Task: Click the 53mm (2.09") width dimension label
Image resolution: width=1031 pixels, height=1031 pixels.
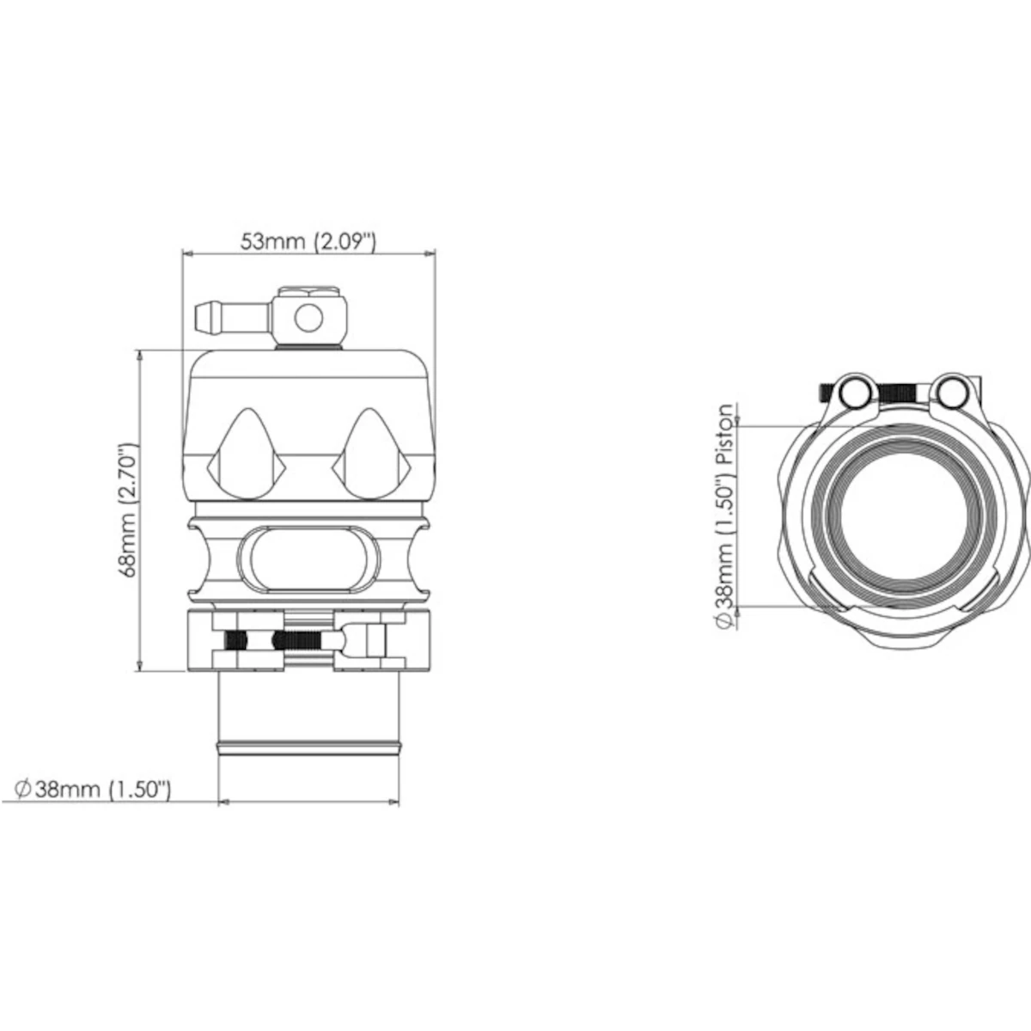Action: click(x=307, y=241)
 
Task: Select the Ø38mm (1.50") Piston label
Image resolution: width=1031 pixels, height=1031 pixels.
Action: click(x=727, y=515)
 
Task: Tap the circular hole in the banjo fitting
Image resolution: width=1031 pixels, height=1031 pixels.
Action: click(x=307, y=319)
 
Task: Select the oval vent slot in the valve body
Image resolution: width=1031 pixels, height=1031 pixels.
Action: click(x=308, y=561)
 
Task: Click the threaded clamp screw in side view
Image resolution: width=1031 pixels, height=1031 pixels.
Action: click(x=301, y=640)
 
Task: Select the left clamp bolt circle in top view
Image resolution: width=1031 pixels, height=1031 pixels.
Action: click(x=854, y=393)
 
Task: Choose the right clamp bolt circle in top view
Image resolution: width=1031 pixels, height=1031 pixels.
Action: click(x=949, y=392)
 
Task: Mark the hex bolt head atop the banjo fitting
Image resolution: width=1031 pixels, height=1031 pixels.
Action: click(x=307, y=292)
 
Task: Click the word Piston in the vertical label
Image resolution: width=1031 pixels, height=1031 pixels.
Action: click(x=727, y=435)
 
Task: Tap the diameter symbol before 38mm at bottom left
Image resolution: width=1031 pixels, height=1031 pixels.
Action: click(x=24, y=789)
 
